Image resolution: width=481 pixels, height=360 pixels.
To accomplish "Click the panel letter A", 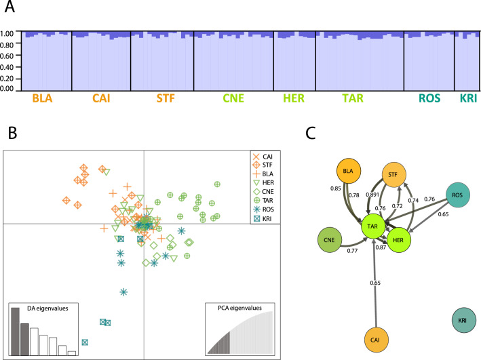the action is point(9,6).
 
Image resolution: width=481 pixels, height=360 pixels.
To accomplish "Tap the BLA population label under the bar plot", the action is point(42,98).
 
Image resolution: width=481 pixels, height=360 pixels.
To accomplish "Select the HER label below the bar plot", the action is point(294,98).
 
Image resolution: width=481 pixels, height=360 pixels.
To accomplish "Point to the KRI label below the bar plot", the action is point(468,98).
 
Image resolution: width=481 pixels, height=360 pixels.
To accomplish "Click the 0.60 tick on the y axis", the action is point(7,56).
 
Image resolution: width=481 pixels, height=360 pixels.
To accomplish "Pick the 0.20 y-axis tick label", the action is point(7,79).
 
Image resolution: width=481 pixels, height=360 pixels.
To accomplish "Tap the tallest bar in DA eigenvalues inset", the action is point(16,332).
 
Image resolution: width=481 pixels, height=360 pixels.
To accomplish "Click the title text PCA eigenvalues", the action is point(240,308).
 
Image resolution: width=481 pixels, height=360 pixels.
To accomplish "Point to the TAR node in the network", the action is point(372,226).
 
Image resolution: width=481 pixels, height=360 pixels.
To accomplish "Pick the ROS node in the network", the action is point(457,195).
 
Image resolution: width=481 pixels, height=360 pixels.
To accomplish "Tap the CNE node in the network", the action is point(329,240).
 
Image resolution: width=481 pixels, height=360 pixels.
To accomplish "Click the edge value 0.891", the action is point(372,195).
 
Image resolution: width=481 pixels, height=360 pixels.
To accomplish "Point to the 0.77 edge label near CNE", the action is point(353,251).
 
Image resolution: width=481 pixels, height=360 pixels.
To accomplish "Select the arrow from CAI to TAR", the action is point(374,283).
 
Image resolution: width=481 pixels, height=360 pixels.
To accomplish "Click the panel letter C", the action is point(311,133).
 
